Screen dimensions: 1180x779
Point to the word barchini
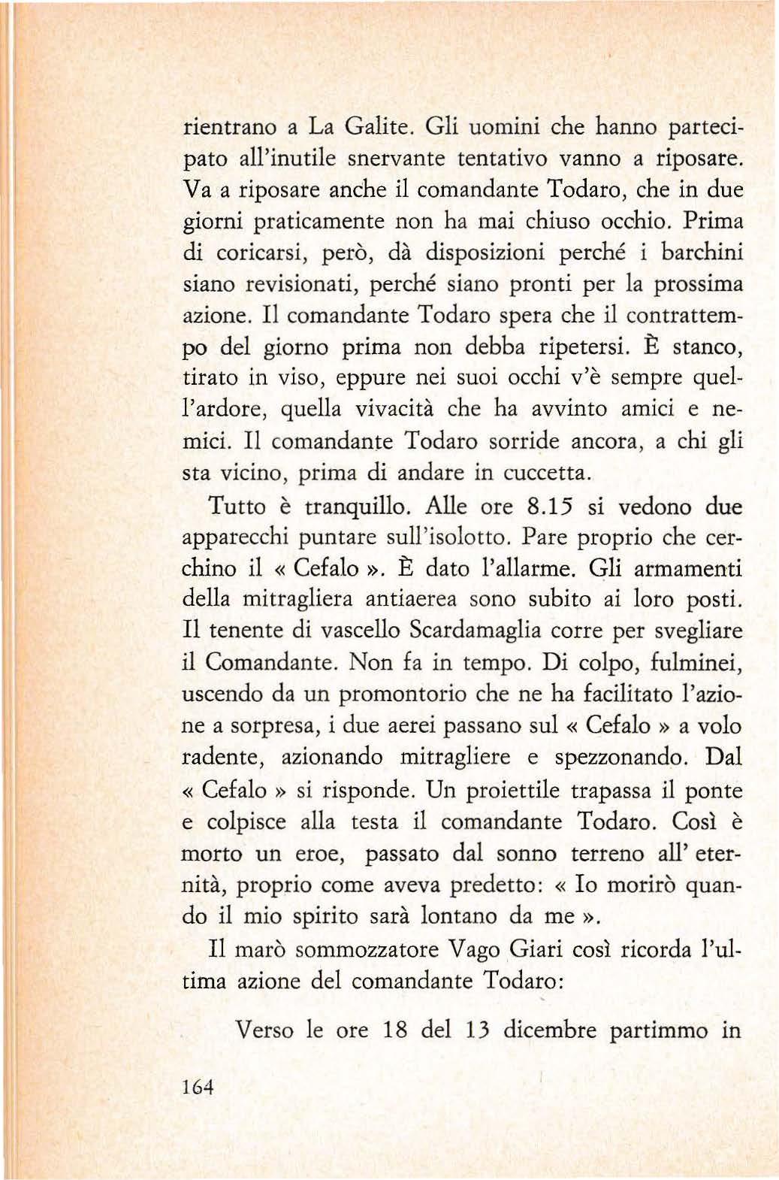(702, 253)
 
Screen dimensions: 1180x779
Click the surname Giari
(536, 949)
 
